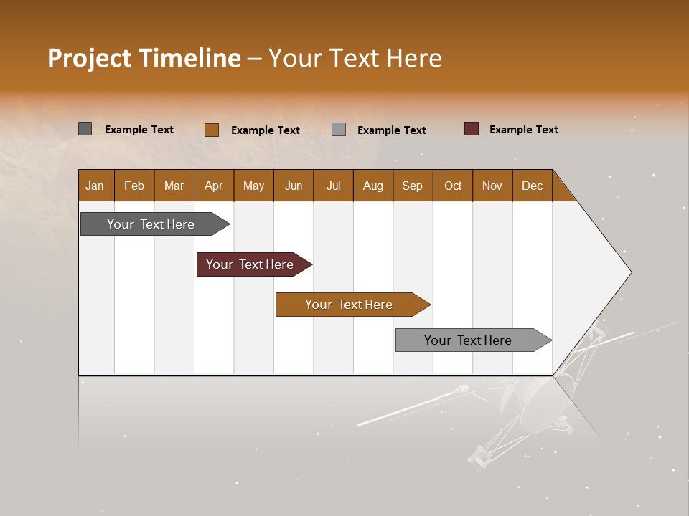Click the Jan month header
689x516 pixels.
coord(95,186)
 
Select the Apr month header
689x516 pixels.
coord(214,186)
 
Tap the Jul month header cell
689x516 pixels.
coord(333,186)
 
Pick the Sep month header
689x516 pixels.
coord(413,186)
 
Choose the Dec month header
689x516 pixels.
coord(532,186)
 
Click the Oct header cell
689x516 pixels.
coord(453,186)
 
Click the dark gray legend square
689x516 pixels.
coord(85,129)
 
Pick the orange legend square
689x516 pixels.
coord(212,130)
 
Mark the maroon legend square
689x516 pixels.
coord(472,129)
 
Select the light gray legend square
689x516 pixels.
coord(339,130)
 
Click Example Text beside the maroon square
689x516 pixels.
coord(523,130)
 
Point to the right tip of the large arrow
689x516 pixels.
coord(629,272)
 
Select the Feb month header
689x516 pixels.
coord(134,186)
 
